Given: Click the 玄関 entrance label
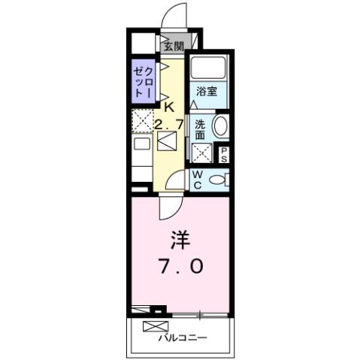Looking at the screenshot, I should coord(174,46).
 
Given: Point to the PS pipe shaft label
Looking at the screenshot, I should coord(224,155).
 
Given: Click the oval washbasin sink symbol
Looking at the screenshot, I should coord(221,126).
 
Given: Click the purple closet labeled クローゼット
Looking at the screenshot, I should coord(144,80).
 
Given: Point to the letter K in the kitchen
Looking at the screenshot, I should coord(168,106).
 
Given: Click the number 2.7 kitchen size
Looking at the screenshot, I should coord(170,122).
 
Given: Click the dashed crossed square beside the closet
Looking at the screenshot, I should coord(142,120).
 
